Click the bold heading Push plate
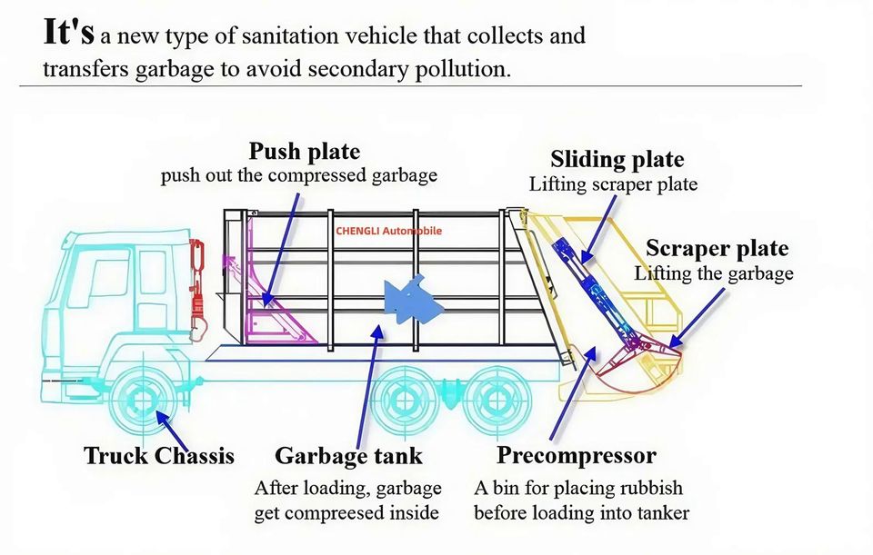tap(305, 152)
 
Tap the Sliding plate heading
tap(617, 160)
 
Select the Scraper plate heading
tap(717, 249)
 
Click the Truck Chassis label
tap(159, 455)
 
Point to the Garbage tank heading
tap(348, 457)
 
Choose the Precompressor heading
tap(577, 456)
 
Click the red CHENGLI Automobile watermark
tap(388, 231)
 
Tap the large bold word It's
tap(69, 32)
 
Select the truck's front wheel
tap(143, 401)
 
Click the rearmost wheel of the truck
tap(497, 401)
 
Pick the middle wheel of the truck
tap(403, 401)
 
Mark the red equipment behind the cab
tap(197, 289)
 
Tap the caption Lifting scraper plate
tap(613, 184)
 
